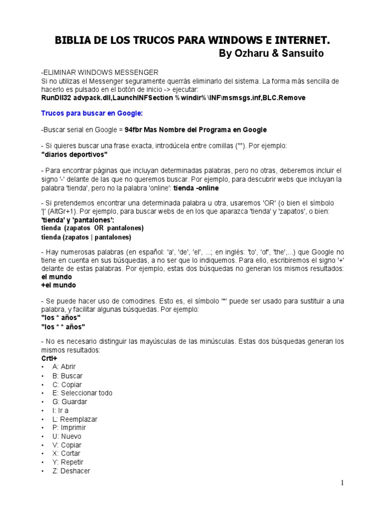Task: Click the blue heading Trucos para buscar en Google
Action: coord(91,114)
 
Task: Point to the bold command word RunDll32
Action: coord(56,98)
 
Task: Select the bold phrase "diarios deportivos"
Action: coord(74,154)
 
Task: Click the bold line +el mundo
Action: coord(59,285)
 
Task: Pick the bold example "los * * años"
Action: coord(63,326)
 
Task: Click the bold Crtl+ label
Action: coord(49,359)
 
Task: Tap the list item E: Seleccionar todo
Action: coord(82,393)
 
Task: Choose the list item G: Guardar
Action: coord(69,402)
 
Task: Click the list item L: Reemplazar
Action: coord(75,419)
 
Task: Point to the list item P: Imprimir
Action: coord(69,428)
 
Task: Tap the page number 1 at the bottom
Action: coord(343,483)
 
